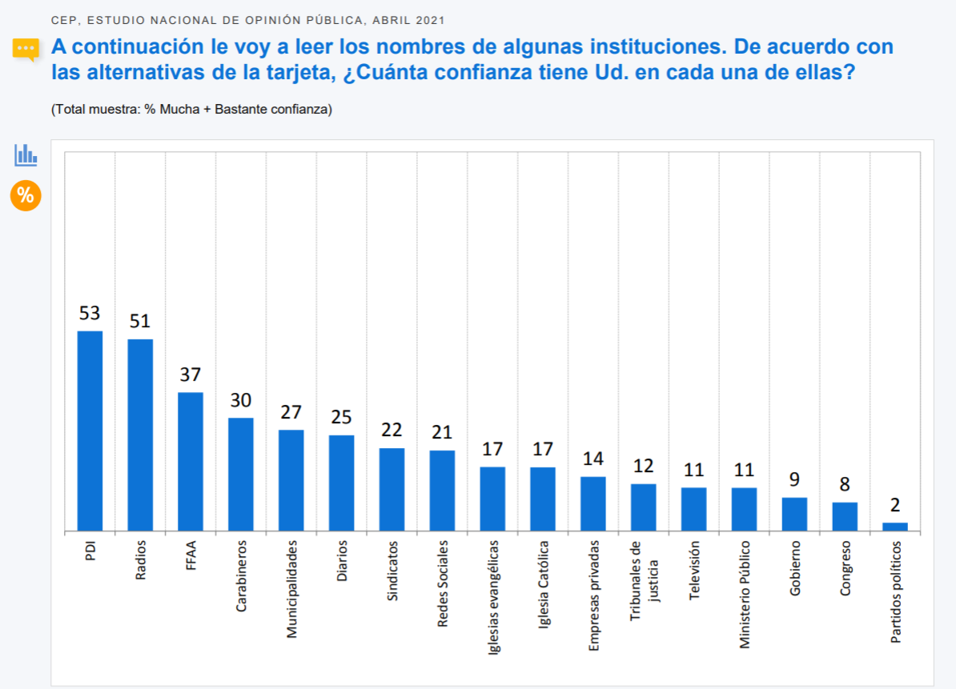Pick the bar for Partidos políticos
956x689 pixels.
tap(895, 527)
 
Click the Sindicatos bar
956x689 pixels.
tap(392, 489)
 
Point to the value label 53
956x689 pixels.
tap(90, 313)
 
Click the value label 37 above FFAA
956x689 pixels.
tap(191, 375)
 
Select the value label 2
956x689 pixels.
tap(895, 505)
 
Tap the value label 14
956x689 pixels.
tap(593, 459)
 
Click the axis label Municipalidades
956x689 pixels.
tap(291, 588)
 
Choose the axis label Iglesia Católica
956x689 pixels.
tap(544, 584)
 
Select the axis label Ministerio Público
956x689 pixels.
tap(745, 594)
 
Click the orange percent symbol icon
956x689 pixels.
tap(26, 195)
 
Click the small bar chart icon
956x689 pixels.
tap(26, 154)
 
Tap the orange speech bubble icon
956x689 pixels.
tap(26, 50)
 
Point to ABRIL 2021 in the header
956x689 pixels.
tap(407, 19)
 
